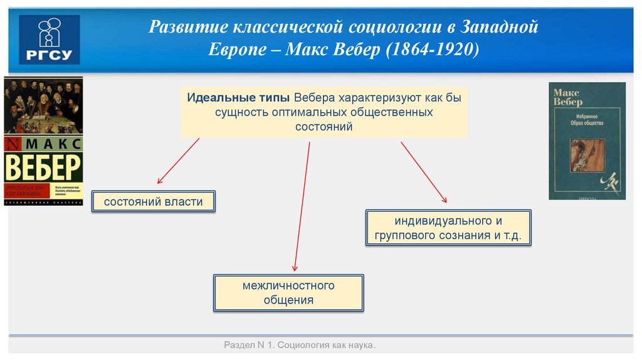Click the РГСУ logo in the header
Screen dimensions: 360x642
tap(50, 39)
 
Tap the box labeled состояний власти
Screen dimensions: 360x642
tap(154, 202)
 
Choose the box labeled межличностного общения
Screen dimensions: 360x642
tap(288, 293)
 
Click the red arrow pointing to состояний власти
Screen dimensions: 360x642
tap(178, 161)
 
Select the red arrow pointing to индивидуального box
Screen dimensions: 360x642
tap(424, 172)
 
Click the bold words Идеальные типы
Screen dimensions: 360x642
tap(238, 98)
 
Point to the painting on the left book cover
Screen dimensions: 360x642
tap(43, 105)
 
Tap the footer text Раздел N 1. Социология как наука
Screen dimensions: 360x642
tap(300, 346)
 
